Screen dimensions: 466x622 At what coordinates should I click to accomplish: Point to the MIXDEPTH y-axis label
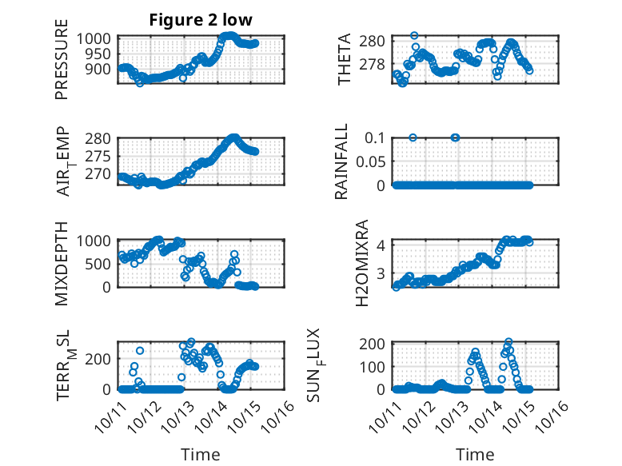point(62,263)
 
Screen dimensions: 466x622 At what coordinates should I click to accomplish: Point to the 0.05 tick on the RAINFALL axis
point(370,161)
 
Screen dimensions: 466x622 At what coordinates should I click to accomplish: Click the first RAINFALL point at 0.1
point(413,137)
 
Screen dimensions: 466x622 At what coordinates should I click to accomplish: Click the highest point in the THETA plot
point(414,35)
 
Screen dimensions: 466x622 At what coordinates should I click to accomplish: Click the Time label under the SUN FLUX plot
point(475,455)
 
